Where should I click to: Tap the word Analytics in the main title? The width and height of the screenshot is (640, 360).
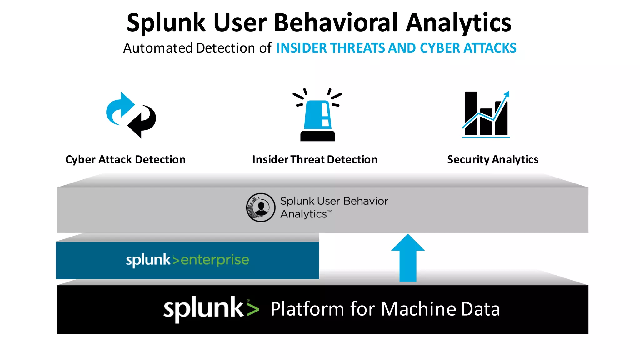pyautogui.click(x=458, y=23)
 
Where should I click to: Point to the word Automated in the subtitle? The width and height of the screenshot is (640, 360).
pyautogui.click(x=158, y=48)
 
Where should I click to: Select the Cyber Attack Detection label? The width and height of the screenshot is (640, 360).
pyautogui.click(x=125, y=159)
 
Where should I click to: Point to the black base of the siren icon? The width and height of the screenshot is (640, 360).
pyautogui.click(x=317, y=136)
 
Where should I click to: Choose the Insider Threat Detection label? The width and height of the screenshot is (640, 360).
pyautogui.click(x=315, y=159)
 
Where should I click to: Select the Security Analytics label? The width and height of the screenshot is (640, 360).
pyautogui.click(x=492, y=159)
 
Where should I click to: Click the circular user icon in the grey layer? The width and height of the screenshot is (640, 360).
pyautogui.click(x=261, y=207)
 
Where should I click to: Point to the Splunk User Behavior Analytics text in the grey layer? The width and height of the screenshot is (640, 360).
pyautogui.click(x=334, y=207)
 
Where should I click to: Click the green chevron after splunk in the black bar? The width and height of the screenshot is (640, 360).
pyautogui.click(x=252, y=309)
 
